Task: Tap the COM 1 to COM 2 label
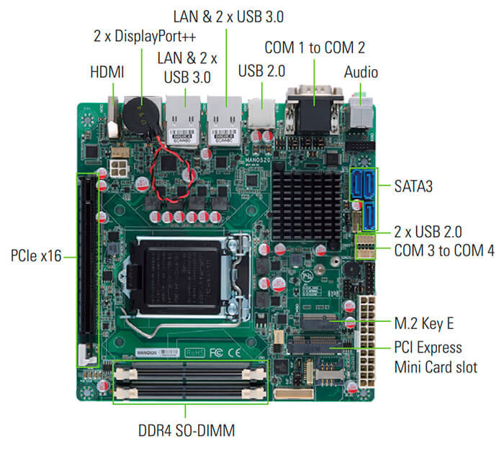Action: click(x=315, y=48)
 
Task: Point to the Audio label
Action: click(x=361, y=72)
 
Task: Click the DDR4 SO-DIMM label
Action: click(x=186, y=430)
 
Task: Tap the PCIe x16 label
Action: click(x=36, y=255)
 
